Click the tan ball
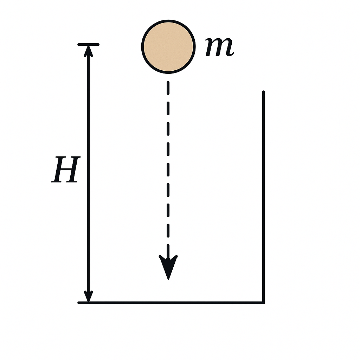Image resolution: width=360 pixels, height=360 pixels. click(168, 47)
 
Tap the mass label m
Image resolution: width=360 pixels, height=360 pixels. click(220, 46)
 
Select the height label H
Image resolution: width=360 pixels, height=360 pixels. click(66, 169)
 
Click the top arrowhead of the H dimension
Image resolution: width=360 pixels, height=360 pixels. click(88, 51)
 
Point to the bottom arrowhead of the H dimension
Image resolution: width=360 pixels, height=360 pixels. click(88, 296)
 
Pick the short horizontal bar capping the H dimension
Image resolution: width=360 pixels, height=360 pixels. click(88, 45)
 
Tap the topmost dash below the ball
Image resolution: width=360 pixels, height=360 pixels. click(168, 88)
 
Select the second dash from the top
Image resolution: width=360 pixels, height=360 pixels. click(168, 108)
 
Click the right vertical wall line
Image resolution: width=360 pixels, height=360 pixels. click(264, 197)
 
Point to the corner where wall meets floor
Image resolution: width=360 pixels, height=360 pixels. click(264, 303)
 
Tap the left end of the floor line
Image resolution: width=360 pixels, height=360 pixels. click(78, 303)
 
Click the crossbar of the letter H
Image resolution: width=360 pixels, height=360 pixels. click(66, 169)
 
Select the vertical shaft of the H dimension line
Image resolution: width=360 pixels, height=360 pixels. click(88, 174)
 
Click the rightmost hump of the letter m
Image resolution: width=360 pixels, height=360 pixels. click(229, 47)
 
